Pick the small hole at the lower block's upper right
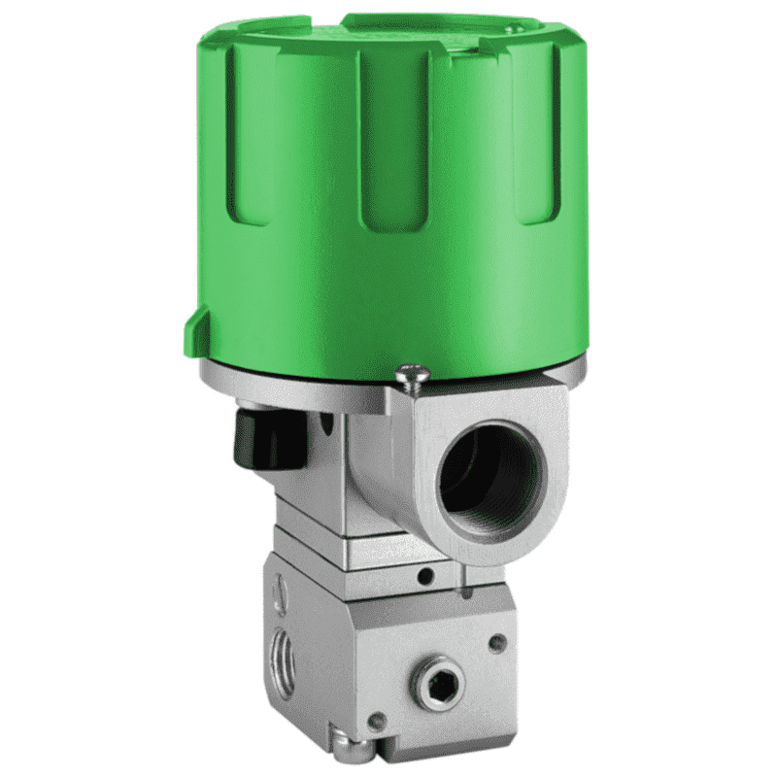point(497,641)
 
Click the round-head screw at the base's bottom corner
point(353,749)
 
